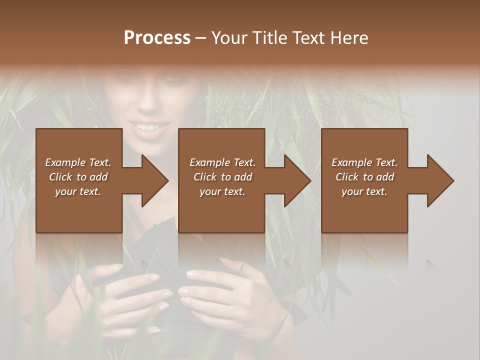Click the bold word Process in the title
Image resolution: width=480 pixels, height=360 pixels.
click(x=157, y=38)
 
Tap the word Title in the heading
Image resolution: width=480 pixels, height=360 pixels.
click(x=270, y=38)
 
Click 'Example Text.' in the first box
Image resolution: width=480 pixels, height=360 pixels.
click(x=78, y=162)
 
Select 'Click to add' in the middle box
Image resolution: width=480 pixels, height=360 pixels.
click(x=222, y=177)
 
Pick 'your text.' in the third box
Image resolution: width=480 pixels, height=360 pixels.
click(x=364, y=191)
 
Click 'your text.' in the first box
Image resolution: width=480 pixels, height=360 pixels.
click(x=78, y=191)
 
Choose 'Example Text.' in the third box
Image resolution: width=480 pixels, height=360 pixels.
click(x=364, y=162)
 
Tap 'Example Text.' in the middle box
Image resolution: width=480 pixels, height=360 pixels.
click(x=222, y=162)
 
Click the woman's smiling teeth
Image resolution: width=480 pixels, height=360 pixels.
click(x=147, y=127)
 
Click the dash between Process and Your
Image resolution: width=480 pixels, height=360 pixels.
click(x=201, y=38)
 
